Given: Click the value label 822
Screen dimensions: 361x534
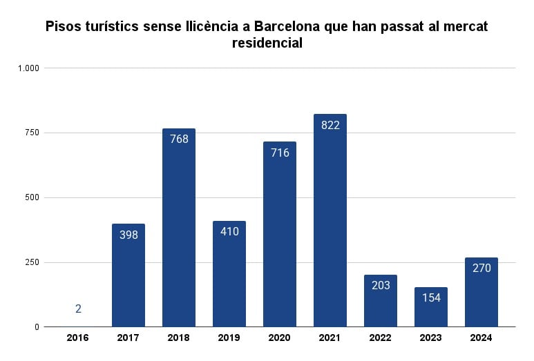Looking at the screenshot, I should (330, 125).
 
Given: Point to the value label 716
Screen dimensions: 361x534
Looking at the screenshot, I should (280, 153).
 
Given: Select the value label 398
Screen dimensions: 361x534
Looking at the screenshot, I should (128, 235).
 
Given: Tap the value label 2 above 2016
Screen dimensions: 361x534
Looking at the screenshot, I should (78, 309).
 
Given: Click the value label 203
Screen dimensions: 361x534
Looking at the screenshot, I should (381, 285).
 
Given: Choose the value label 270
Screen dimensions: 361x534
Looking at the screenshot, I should (481, 268).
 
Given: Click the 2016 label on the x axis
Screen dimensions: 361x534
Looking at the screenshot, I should (78, 338).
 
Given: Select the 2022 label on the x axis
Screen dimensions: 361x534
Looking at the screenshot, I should (381, 338).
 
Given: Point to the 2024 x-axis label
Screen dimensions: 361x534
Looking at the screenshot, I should (481, 338).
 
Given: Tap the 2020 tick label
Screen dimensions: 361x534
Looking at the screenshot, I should (280, 338).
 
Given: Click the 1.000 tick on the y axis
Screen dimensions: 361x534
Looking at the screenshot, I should (29, 68).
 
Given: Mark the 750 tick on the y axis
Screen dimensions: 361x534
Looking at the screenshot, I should (32, 133).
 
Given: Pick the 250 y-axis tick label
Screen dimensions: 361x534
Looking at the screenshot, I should (32, 262).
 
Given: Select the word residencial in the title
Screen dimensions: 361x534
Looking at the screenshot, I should (267, 43).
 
